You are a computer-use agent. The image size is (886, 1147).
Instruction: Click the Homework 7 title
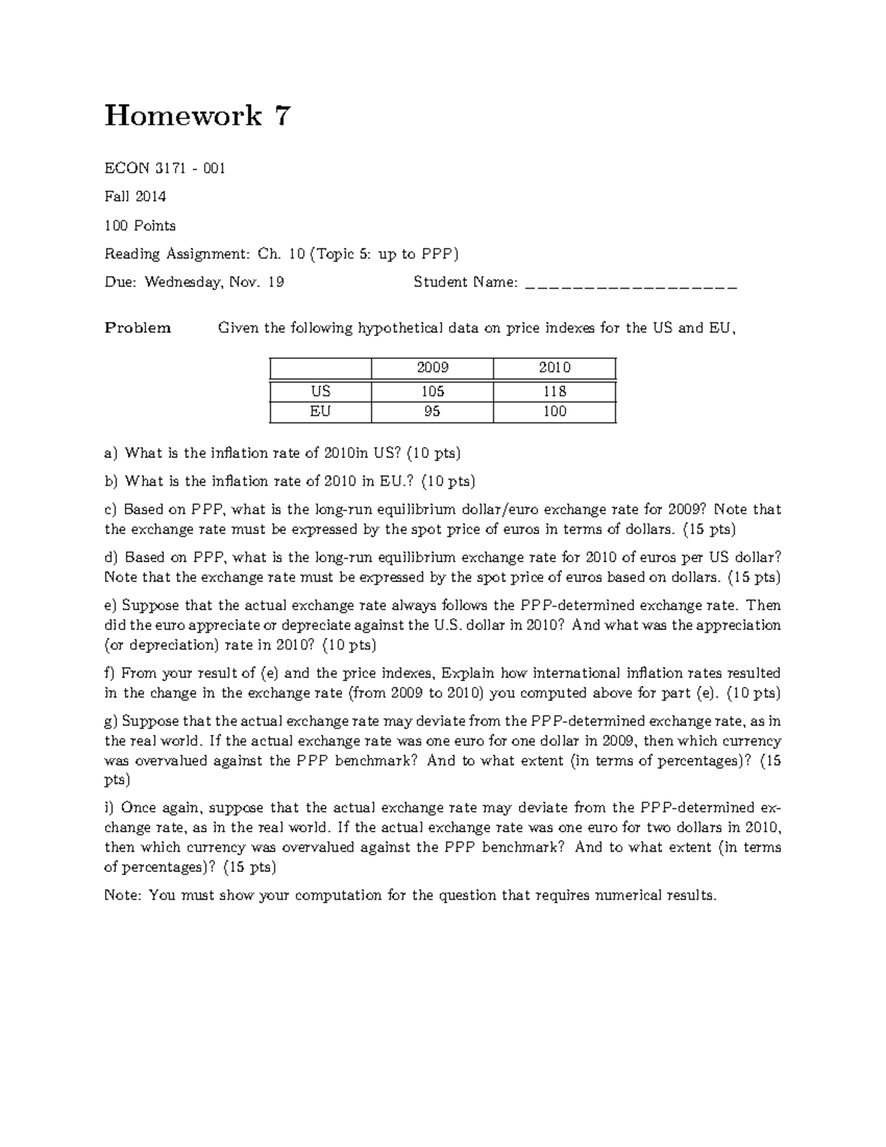pyautogui.click(x=198, y=116)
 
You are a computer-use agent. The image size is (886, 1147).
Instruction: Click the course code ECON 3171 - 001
pyautogui.click(x=165, y=168)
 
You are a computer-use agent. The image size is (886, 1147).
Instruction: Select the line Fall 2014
pyautogui.click(x=135, y=196)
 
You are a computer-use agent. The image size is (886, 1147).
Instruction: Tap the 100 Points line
pyautogui.click(x=140, y=225)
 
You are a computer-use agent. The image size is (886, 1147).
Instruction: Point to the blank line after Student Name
pyautogui.click(x=631, y=283)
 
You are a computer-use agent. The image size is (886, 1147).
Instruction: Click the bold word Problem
pyautogui.click(x=138, y=328)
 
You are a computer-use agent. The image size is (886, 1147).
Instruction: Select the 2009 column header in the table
pyautogui.click(x=433, y=368)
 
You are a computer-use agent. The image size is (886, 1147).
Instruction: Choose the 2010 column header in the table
pyautogui.click(x=554, y=368)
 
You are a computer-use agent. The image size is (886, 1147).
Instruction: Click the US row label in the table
pyautogui.click(x=320, y=391)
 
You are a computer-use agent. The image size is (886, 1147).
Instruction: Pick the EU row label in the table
pyautogui.click(x=320, y=411)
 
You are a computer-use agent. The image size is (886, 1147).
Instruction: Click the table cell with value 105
pyautogui.click(x=433, y=391)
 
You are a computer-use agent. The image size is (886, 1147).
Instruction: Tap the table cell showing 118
pyautogui.click(x=554, y=391)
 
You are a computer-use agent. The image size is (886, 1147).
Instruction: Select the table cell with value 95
pyautogui.click(x=433, y=411)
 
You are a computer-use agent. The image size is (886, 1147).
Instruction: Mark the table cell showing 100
pyautogui.click(x=554, y=411)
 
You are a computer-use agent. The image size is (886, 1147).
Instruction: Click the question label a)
pyautogui.click(x=111, y=453)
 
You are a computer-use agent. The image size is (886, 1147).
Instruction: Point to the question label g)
pyautogui.click(x=111, y=722)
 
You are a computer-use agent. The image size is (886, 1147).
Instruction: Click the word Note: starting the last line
pyautogui.click(x=123, y=896)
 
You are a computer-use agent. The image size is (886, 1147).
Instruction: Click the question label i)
pyautogui.click(x=110, y=808)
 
